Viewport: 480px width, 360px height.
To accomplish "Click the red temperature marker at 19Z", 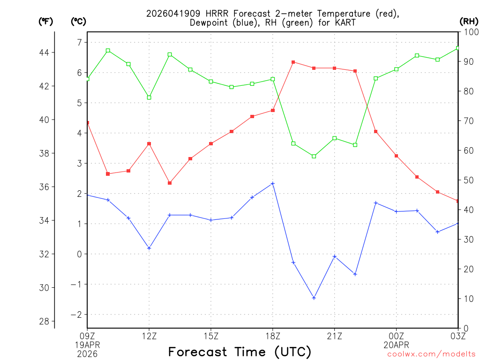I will (x=293, y=62).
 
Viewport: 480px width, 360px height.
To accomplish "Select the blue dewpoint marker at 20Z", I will (x=314, y=298).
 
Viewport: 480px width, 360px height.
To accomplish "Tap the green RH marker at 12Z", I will (x=149, y=97).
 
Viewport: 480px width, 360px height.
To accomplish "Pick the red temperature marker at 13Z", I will (x=170, y=183).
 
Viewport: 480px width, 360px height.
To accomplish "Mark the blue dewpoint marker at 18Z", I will (x=273, y=183).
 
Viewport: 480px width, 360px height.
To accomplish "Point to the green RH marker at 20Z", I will (x=314, y=156).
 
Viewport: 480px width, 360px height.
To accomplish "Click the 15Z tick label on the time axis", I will (x=211, y=336).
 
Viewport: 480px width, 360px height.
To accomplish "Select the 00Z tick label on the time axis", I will (x=397, y=336).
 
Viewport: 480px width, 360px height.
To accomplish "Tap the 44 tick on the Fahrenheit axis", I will (x=46, y=52).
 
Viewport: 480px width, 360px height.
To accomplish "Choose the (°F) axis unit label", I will (x=46, y=21).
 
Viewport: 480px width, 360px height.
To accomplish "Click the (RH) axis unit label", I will (x=468, y=21).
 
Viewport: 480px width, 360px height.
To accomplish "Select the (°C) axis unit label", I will (x=78, y=21).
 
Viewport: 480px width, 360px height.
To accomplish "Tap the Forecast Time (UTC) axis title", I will (x=240, y=352).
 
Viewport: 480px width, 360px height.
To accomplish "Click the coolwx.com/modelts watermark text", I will (x=431, y=354).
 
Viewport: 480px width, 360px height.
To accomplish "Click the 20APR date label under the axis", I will (x=397, y=345).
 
